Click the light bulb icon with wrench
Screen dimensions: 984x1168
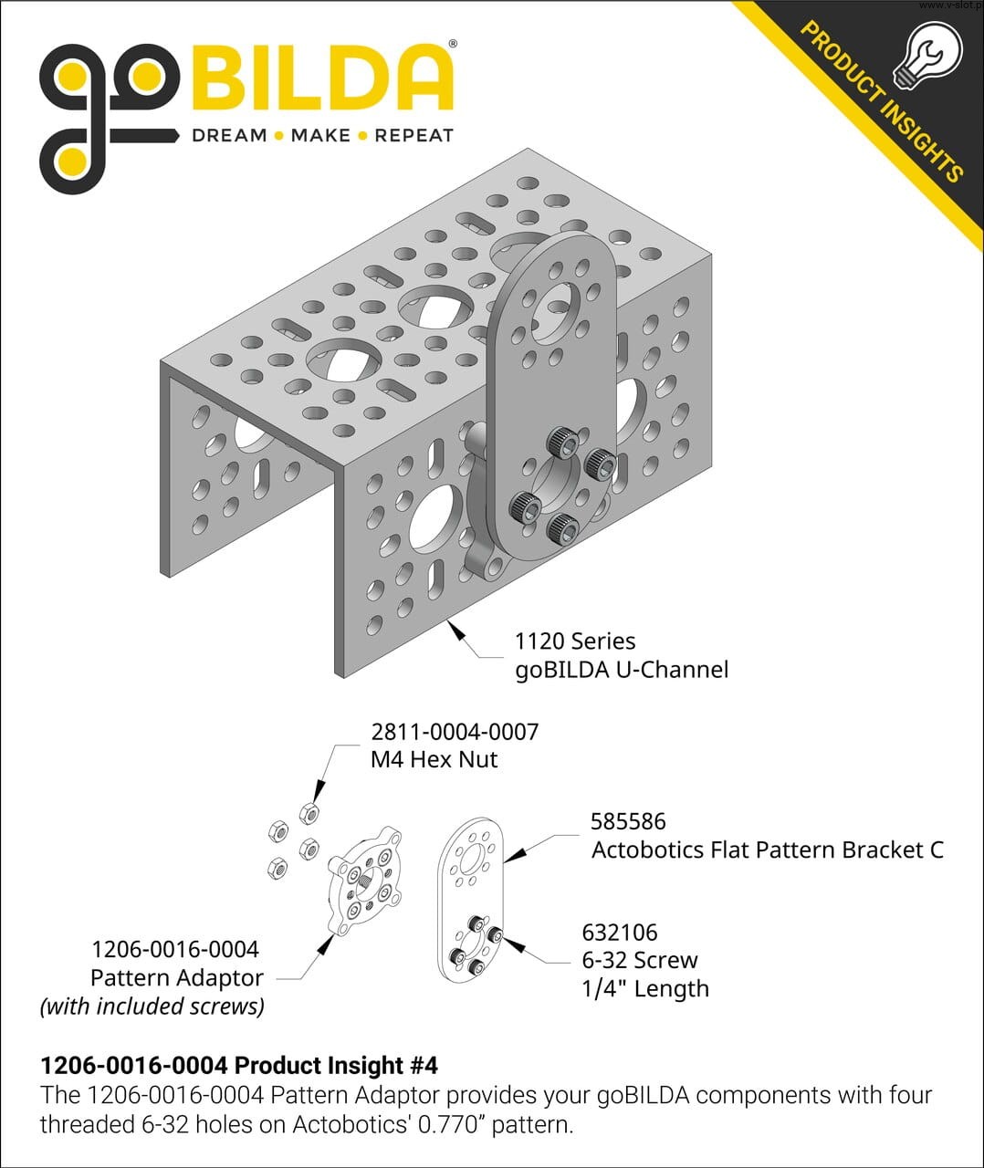point(927,55)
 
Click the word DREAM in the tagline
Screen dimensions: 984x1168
point(229,135)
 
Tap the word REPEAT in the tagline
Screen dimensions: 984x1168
point(413,135)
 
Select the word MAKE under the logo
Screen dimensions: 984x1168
point(320,135)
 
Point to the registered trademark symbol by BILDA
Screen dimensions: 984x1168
point(453,44)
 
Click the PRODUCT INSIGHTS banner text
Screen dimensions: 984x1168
point(882,101)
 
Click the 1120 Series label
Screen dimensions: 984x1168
point(575,641)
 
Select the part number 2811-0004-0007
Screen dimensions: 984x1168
point(455,732)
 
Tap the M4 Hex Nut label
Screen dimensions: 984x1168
point(434,759)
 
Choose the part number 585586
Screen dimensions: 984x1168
point(628,821)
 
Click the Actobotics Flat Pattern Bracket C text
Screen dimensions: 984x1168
point(768,850)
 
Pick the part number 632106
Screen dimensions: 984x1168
point(620,933)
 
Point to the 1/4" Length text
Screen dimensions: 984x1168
point(645,988)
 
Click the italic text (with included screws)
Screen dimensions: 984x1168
point(152,1006)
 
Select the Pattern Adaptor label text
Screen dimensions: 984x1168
point(177,978)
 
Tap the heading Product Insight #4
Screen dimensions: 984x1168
point(336,1065)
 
